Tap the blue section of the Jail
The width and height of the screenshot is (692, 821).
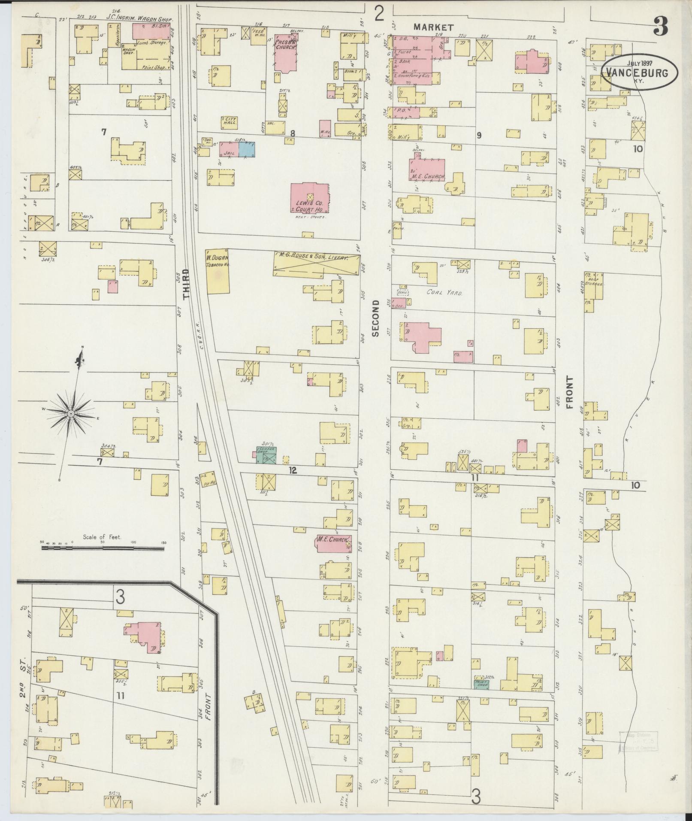(246, 149)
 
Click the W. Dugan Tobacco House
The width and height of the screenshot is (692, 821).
(218, 271)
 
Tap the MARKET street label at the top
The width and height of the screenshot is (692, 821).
(433, 27)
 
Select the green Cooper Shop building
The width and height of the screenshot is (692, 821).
(266, 455)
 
